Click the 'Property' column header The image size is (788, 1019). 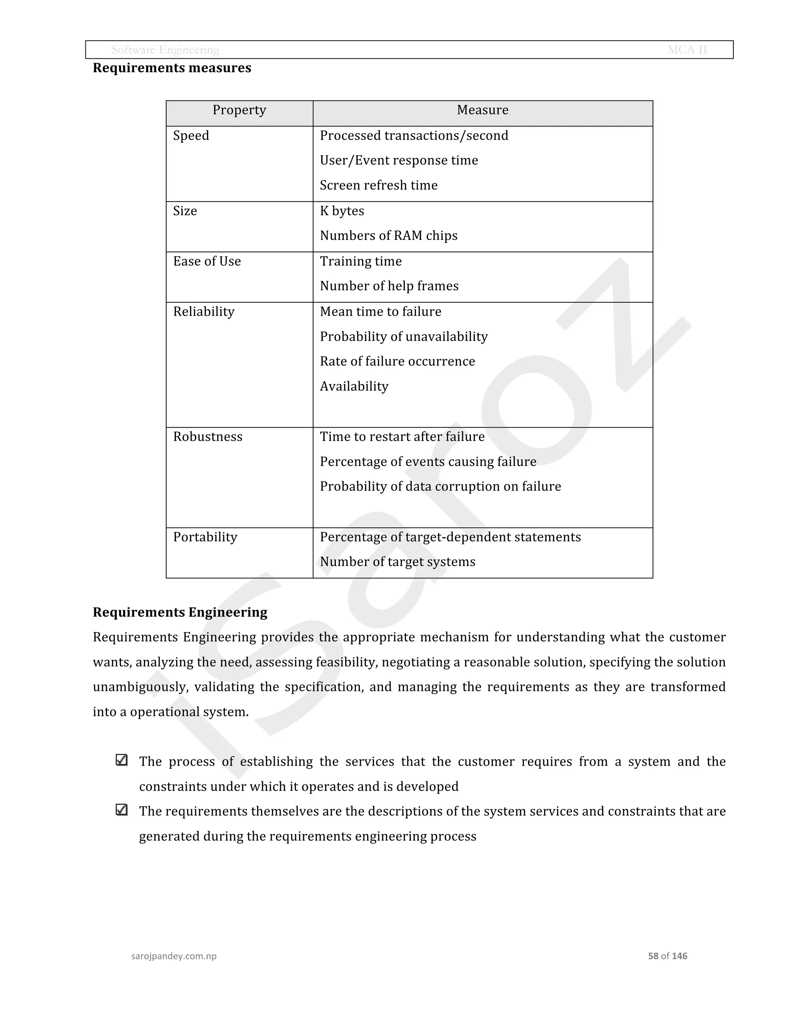(x=239, y=110)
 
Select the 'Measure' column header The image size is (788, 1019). (x=482, y=110)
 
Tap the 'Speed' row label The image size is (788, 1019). (x=191, y=136)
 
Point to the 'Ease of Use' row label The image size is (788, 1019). (x=207, y=261)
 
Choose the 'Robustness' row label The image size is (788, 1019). (x=208, y=437)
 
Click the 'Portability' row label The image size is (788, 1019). (x=205, y=537)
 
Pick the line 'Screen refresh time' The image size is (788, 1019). (x=379, y=185)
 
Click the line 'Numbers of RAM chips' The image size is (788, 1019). (x=388, y=236)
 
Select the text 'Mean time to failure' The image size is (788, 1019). (x=381, y=312)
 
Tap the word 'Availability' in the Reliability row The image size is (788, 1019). (x=354, y=386)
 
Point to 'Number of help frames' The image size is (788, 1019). (x=389, y=286)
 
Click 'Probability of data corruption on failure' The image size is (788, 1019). (x=440, y=487)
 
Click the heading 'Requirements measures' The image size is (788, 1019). (x=172, y=68)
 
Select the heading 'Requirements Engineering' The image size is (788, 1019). (x=180, y=612)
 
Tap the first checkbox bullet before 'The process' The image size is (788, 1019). (x=121, y=760)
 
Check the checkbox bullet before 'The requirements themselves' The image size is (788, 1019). (x=121, y=810)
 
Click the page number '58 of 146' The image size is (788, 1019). (x=667, y=956)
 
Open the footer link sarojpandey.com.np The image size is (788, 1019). (x=174, y=956)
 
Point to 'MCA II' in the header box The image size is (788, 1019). (x=687, y=50)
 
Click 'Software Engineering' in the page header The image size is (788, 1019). (x=165, y=50)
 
